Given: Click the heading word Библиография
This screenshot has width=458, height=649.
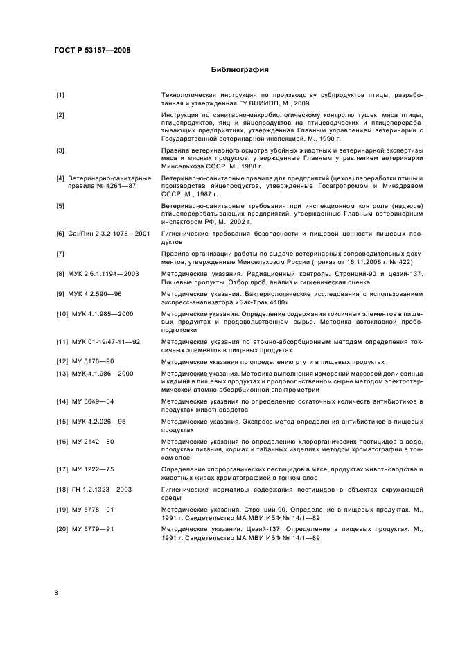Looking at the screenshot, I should [x=239, y=70].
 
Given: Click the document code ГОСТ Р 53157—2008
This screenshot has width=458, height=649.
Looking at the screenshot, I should [x=92, y=49].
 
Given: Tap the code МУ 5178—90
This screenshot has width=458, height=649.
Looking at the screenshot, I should [x=93, y=362].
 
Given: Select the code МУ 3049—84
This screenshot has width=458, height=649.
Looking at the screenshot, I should [x=93, y=401].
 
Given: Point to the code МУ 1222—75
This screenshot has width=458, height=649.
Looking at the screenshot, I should [x=93, y=469].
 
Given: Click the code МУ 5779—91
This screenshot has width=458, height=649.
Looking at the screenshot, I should [x=93, y=530].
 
